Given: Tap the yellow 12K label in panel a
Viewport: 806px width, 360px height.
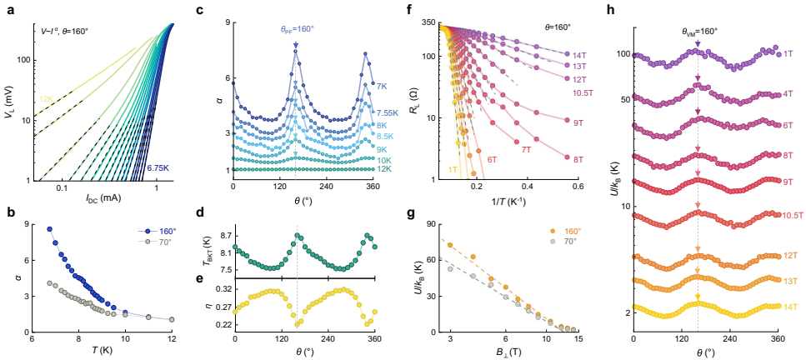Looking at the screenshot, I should pos(46,98).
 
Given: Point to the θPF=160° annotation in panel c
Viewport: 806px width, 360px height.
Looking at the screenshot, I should pos(295,28).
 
